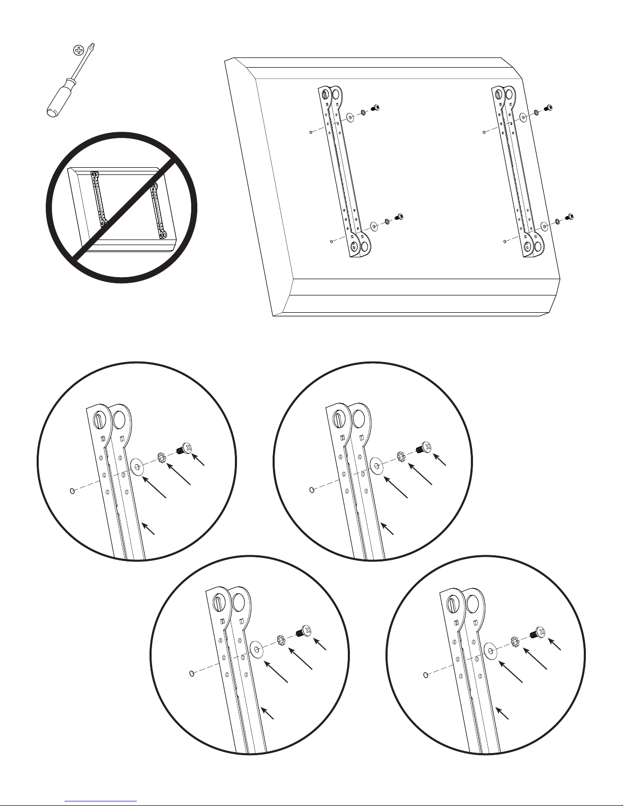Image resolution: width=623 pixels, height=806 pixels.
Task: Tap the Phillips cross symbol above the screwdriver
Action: coord(78,50)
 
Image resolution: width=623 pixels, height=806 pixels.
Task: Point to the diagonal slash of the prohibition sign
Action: coord(122,207)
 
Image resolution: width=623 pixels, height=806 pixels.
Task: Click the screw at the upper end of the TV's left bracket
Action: coord(376,108)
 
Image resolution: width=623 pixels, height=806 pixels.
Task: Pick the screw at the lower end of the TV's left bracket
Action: coord(399,217)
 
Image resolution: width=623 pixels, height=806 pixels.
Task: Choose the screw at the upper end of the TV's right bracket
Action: coord(548,108)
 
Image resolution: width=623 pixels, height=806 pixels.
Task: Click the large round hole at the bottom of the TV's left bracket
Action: coord(366,247)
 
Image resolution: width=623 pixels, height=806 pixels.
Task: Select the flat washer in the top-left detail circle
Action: coord(136,466)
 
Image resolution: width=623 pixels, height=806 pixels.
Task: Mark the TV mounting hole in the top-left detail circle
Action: coord(72,491)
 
